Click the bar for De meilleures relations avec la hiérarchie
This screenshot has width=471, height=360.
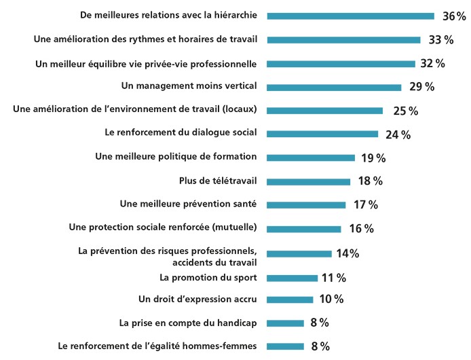click(350, 16)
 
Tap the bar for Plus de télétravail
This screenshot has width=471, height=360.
click(309, 181)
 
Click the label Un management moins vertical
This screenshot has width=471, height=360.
click(189, 86)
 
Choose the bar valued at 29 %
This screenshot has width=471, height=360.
click(334, 87)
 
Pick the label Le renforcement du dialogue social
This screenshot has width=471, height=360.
click(181, 133)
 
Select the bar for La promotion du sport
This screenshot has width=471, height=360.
click(293, 277)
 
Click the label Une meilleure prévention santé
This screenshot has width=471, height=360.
click(188, 204)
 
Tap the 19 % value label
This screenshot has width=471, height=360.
click(373, 158)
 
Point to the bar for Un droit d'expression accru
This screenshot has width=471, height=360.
click(290, 299)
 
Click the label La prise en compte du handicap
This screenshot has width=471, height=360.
click(187, 322)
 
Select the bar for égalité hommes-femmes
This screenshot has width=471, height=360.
click(286, 346)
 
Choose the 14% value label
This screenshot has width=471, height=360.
click(347, 253)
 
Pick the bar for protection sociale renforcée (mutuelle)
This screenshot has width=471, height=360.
click(304, 229)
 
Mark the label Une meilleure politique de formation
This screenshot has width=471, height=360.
click(176, 157)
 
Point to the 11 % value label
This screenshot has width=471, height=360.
click(333, 277)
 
